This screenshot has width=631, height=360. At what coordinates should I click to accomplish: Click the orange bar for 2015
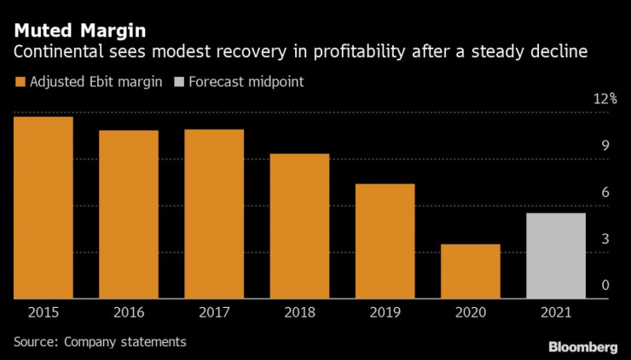tap(43, 207)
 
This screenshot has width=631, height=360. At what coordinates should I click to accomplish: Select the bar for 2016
tap(128, 214)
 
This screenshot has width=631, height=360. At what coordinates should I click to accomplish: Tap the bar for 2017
tap(214, 214)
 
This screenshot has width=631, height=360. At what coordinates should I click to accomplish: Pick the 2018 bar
tap(299, 226)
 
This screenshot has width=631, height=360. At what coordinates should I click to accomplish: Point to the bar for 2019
tap(385, 241)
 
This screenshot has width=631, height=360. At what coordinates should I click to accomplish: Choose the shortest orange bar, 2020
tap(470, 271)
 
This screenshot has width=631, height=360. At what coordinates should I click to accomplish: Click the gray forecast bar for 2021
tap(556, 256)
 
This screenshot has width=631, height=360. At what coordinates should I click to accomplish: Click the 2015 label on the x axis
tap(43, 314)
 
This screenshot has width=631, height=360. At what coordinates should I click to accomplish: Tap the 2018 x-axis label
tap(299, 314)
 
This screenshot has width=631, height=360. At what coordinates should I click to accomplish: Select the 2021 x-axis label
tap(556, 314)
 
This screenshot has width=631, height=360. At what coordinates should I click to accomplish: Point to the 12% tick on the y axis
tap(605, 100)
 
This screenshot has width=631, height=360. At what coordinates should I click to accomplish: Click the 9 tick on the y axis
tap(605, 146)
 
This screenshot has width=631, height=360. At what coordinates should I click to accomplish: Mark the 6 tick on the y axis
tap(605, 193)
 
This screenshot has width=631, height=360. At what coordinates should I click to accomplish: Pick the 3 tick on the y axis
tap(605, 239)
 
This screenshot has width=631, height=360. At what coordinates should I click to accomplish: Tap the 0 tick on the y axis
tap(605, 286)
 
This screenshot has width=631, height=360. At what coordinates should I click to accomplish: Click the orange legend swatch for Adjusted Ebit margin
tap(19, 82)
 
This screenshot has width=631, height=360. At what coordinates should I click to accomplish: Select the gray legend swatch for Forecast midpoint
tap(178, 82)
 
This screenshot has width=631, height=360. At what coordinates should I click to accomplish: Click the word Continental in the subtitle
tap(53, 53)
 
